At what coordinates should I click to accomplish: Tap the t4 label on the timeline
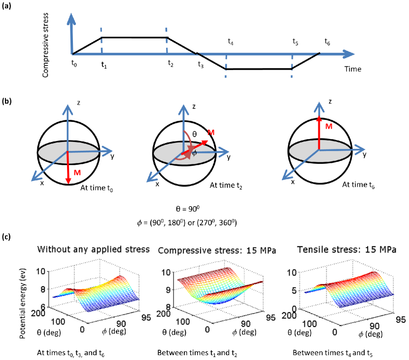231,43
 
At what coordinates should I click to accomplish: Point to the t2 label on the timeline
170,63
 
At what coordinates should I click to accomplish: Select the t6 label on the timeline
327,43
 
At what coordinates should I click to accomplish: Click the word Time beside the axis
353,69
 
